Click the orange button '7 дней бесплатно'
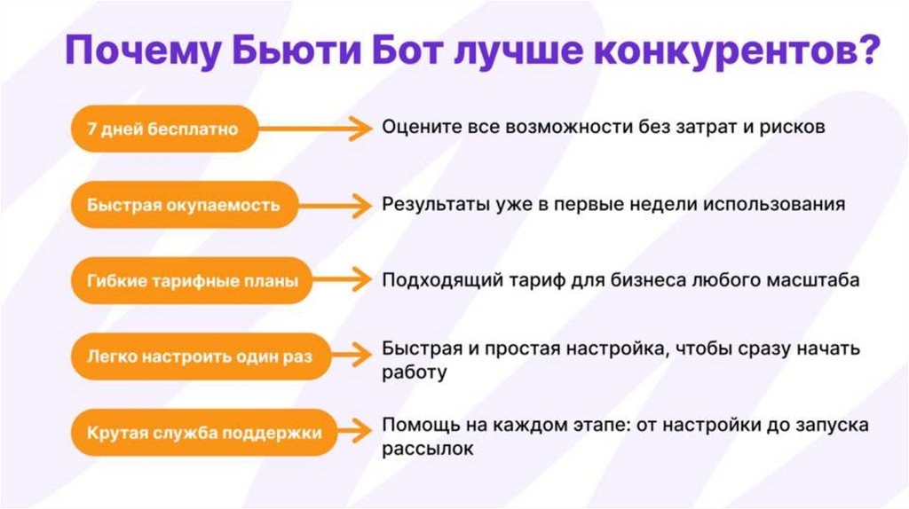coord(163,129)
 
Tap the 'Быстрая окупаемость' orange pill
coord(184,205)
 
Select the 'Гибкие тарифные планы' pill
coord(192,281)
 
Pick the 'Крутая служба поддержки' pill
coord(204,434)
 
